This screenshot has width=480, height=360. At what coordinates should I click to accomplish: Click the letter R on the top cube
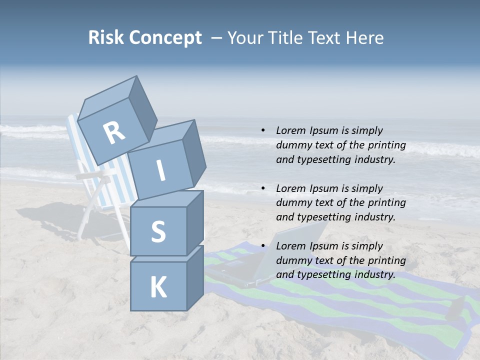pos(114,133)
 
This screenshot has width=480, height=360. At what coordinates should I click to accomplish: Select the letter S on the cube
pos(158,231)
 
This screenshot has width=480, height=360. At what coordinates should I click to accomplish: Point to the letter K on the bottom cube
pos(158,287)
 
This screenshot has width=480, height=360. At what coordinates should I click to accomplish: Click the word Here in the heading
pos(365,38)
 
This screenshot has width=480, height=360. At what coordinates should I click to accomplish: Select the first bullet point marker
pos(263,131)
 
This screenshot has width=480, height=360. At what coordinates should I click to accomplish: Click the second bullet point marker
pos(263,188)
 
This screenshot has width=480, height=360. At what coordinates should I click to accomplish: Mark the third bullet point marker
pos(263,246)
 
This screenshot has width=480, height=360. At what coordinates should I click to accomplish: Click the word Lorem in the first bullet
pos(290,131)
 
